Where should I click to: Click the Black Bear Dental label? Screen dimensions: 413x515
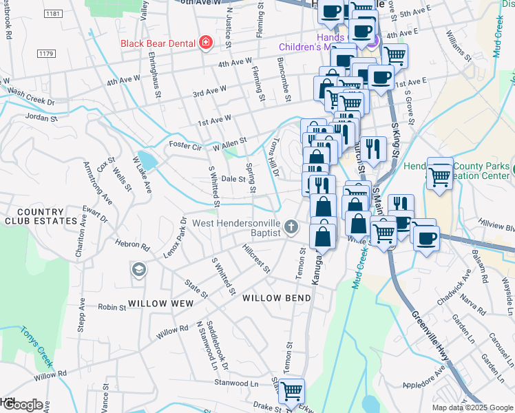(158, 43)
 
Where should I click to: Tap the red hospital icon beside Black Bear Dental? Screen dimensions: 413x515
(204, 43)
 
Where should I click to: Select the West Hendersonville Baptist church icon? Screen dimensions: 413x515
(292, 226)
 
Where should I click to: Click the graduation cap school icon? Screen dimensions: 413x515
(139, 269)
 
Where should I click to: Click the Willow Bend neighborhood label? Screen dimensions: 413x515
(277, 298)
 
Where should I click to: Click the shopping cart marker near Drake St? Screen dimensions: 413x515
(292, 390)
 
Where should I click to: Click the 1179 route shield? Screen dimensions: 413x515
(47, 54)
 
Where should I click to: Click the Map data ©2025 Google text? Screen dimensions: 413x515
(472, 407)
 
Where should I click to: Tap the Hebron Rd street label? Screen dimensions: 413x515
(136, 245)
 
